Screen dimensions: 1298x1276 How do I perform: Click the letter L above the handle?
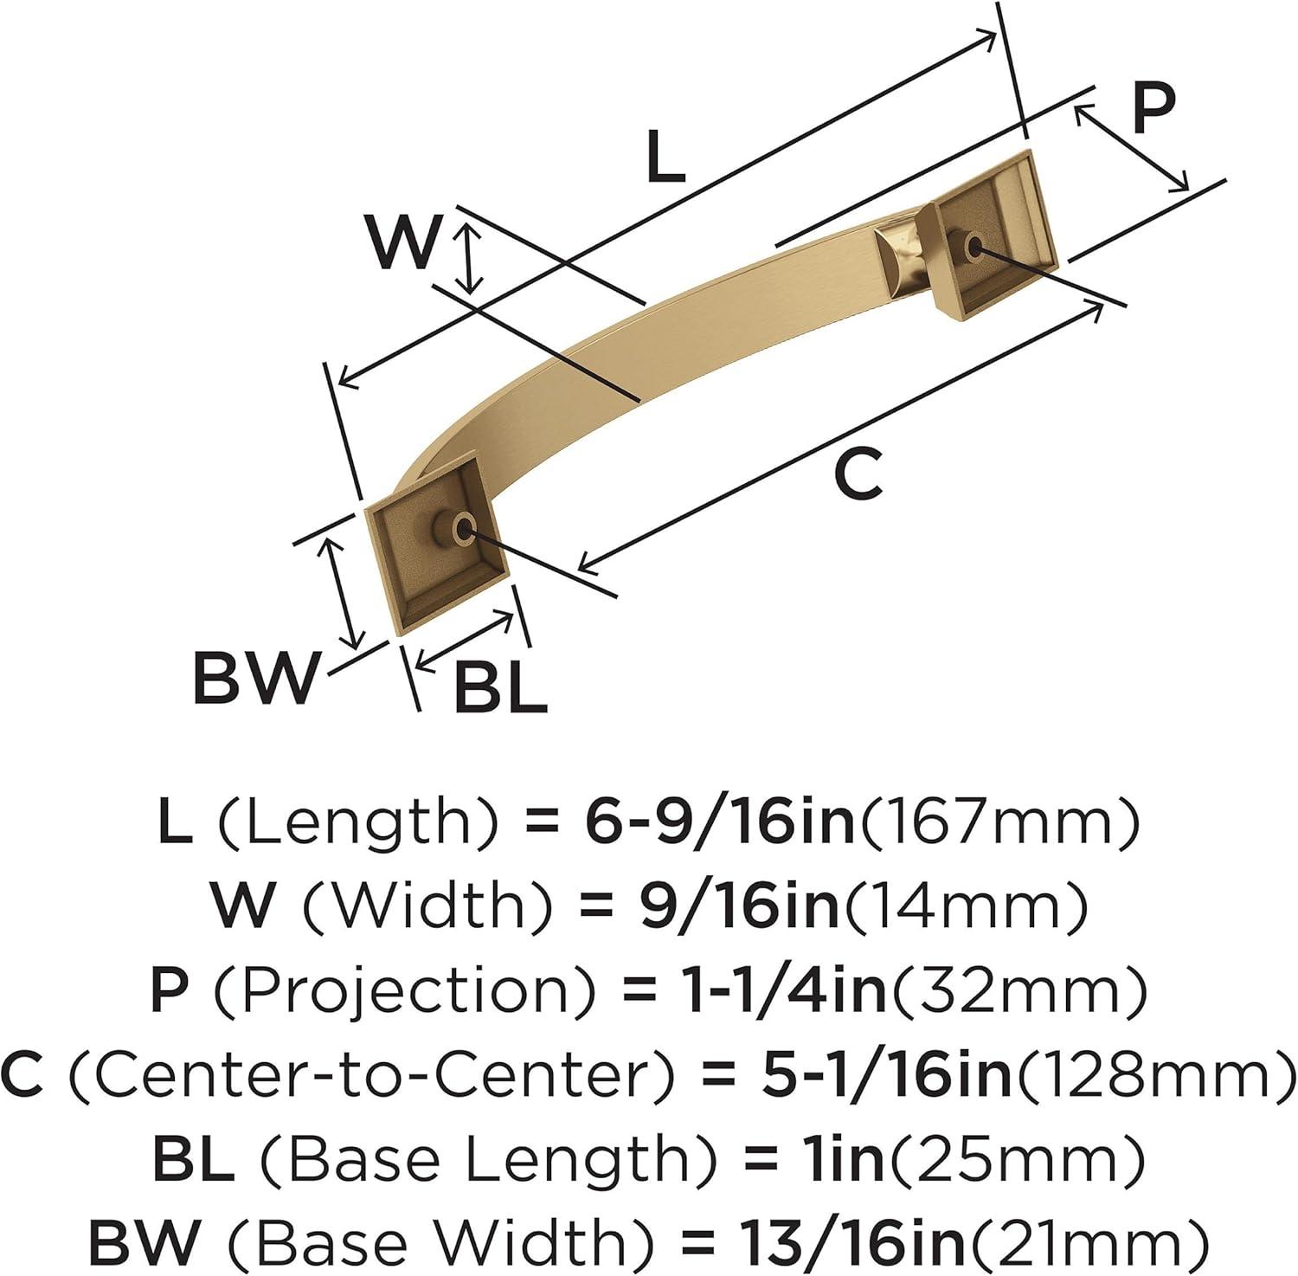click(665, 157)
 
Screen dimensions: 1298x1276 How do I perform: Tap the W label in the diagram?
click(403, 242)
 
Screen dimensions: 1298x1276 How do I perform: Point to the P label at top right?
click(1153, 108)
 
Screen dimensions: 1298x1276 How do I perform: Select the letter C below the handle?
click(858, 474)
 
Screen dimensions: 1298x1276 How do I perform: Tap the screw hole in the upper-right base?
click(973, 247)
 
